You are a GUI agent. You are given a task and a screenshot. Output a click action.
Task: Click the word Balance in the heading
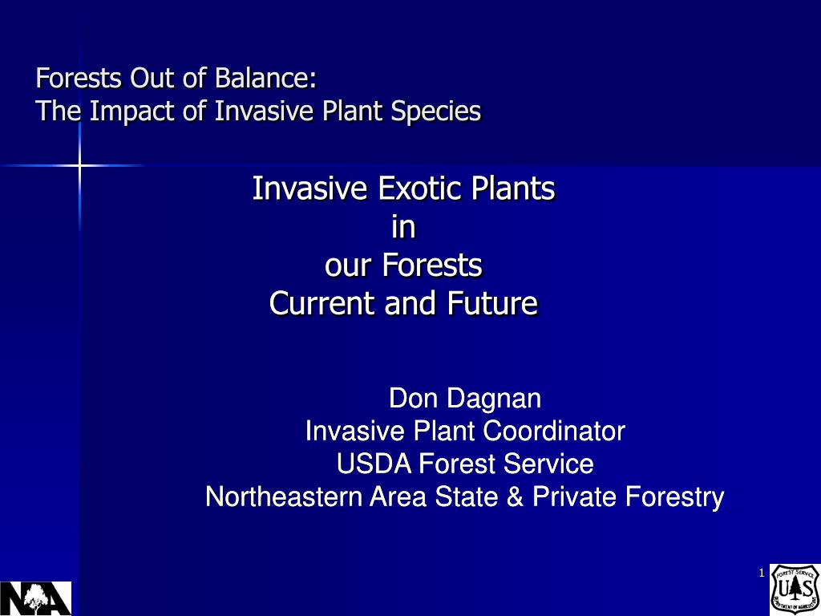pyautogui.click(x=265, y=78)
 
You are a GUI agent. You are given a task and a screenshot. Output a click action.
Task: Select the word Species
pyautogui.click(x=435, y=111)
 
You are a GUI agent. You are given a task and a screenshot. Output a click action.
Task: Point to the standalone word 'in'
pyautogui.click(x=403, y=227)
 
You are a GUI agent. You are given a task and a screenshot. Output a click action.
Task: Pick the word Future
pyautogui.click(x=492, y=303)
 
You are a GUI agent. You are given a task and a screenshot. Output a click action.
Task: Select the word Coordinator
pyautogui.click(x=554, y=431)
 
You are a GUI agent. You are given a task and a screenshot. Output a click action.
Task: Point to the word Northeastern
pyautogui.click(x=284, y=496)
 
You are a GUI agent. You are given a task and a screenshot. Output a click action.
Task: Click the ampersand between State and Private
pyautogui.click(x=515, y=496)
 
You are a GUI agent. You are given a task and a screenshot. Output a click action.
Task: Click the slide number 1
pyautogui.click(x=762, y=573)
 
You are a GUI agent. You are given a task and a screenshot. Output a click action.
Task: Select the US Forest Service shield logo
pyautogui.click(x=795, y=590)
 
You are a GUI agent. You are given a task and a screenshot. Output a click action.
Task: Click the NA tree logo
pyautogui.click(x=35, y=598)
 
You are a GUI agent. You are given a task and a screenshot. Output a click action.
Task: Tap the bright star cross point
pyautogui.click(x=79, y=165)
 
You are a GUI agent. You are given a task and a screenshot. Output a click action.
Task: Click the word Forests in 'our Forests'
pyautogui.click(x=432, y=265)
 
